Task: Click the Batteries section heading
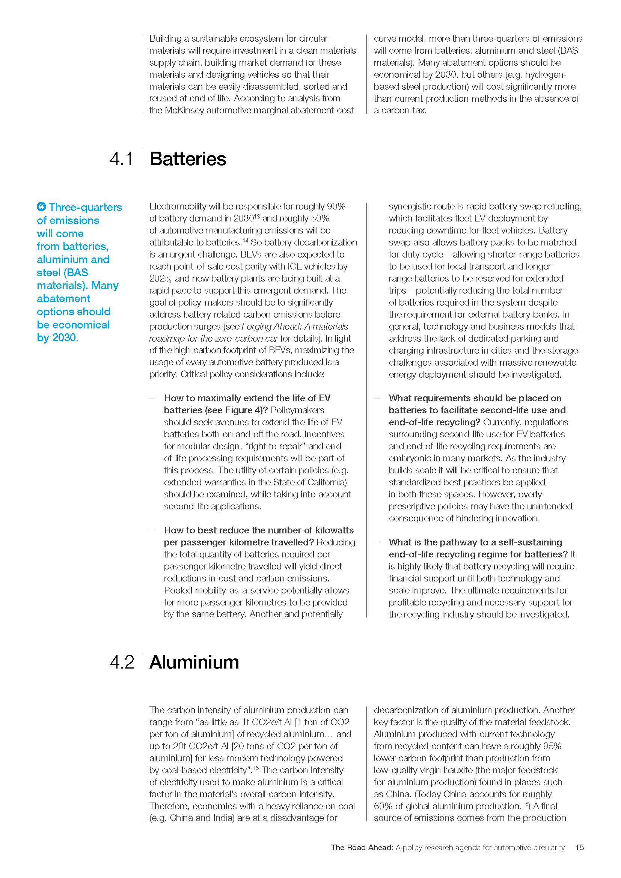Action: pyautogui.click(x=188, y=159)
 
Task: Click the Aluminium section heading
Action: pyautogui.click(x=194, y=662)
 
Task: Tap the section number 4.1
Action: pyautogui.click(x=122, y=159)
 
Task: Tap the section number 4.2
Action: pyautogui.click(x=122, y=662)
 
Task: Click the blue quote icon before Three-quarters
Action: pyautogui.click(x=41, y=207)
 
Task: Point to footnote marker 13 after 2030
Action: pyautogui.click(x=257, y=217)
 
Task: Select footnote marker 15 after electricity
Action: pyautogui.click(x=256, y=768)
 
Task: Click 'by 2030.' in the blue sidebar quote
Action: pyautogui.click(x=58, y=338)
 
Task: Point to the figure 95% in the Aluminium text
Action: pyautogui.click(x=552, y=746)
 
